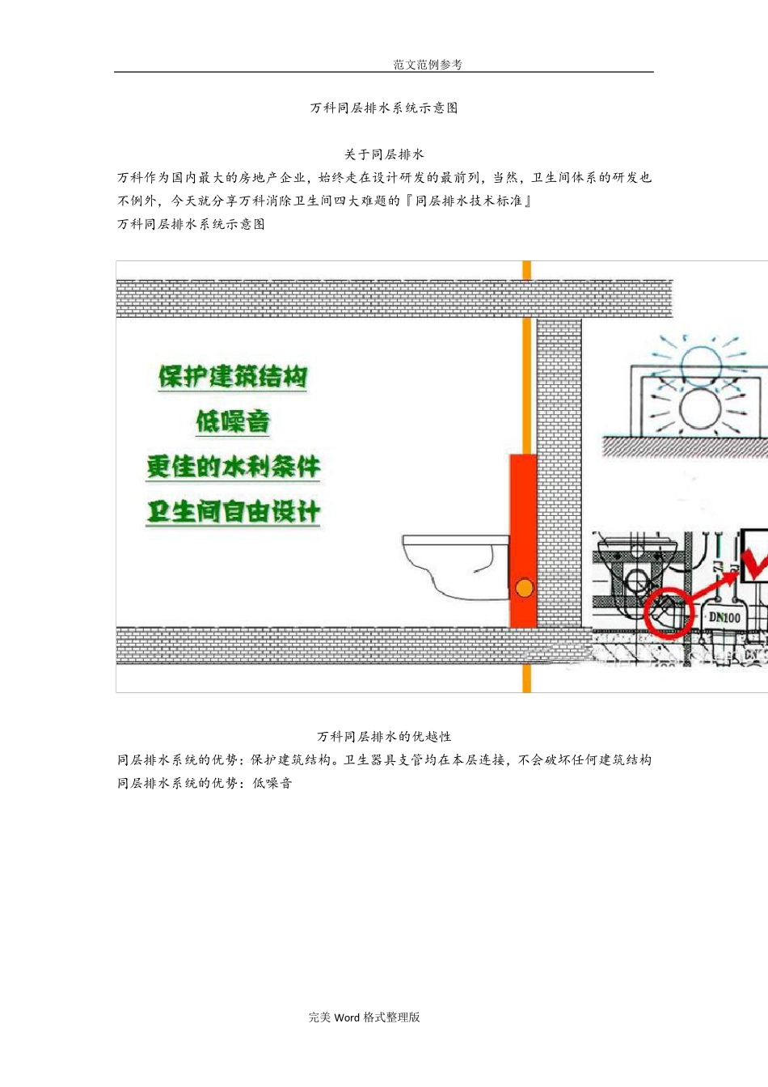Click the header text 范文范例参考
pyautogui.click(x=428, y=65)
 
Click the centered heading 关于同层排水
pyautogui.click(x=384, y=154)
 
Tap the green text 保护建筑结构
pyautogui.click(x=233, y=377)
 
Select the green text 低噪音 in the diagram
pyautogui.click(x=233, y=421)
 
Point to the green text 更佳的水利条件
pyautogui.click(x=233, y=467)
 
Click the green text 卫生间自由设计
pyautogui.click(x=233, y=512)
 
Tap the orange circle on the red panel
pyautogui.click(x=525, y=588)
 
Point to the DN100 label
pyautogui.click(x=724, y=617)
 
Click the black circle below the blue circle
pyautogui.click(x=700, y=409)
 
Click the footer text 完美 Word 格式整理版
pyautogui.click(x=365, y=1017)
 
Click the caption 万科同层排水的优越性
pyautogui.click(x=384, y=737)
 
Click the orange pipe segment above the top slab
pyautogui.click(x=527, y=270)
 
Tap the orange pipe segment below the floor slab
pyautogui.click(x=527, y=679)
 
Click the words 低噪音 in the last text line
pyautogui.click(x=272, y=783)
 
